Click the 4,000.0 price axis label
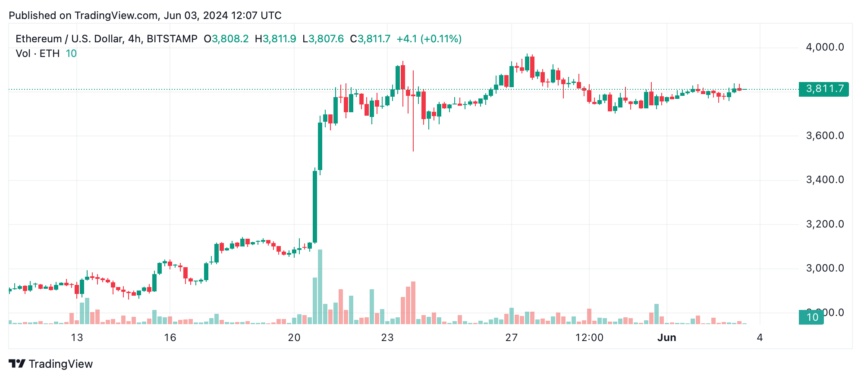coord(824,47)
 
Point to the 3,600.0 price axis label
coord(824,136)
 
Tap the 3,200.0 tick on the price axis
coord(824,224)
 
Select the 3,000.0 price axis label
coord(824,268)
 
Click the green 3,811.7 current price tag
coord(823,89)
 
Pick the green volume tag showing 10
coord(811,317)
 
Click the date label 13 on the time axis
coord(77,338)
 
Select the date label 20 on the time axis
coord(294,338)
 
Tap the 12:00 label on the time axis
coord(589,338)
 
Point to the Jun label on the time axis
coord(666,338)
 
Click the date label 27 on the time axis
coord(511,338)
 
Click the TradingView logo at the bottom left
coord(51,364)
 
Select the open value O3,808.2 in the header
coord(226,39)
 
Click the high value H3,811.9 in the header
coord(275,39)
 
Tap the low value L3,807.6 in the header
coord(323,39)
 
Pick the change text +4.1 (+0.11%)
coord(429,39)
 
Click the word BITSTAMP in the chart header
coord(172,39)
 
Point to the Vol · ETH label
coord(38,54)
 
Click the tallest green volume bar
coord(320,287)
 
